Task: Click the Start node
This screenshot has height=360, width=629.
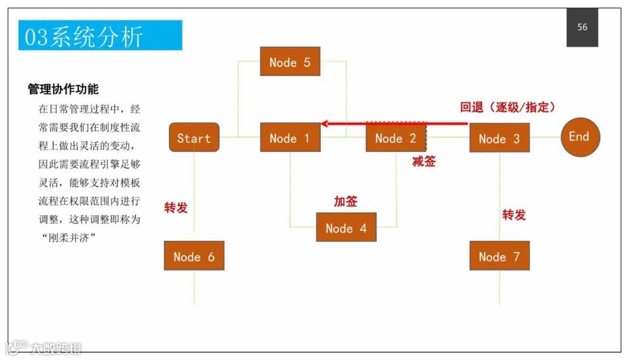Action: pos(194,137)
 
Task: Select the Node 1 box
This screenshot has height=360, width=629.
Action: pos(290,138)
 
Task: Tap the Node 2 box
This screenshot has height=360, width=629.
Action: pos(396,138)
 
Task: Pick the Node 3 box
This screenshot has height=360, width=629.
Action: pos(499,138)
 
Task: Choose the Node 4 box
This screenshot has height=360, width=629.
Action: pos(346,228)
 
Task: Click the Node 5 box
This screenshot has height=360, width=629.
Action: pos(290,62)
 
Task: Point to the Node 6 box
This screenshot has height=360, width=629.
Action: pos(194,256)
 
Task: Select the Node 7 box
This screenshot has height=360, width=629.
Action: pos(499,256)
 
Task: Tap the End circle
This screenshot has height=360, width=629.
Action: pos(580,137)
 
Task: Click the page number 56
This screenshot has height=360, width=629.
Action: pos(582,27)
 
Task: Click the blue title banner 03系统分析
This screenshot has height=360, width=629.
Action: pos(100,36)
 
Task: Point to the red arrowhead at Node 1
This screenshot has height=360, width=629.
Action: pos(324,123)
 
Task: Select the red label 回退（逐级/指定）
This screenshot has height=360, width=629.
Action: pos(507,107)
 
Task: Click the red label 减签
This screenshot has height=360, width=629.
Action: pos(424,161)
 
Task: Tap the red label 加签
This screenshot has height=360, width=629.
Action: pos(345,202)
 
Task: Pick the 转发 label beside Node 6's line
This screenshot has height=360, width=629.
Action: pos(176,207)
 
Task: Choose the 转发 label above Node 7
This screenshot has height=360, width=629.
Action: pos(514,214)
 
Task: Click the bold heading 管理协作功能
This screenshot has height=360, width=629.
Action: pos(63,89)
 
